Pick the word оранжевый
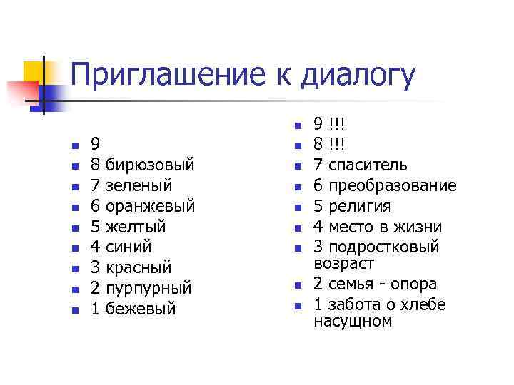150,206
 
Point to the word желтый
135,227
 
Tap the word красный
138,268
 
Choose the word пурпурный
148,289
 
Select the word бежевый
140,309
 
